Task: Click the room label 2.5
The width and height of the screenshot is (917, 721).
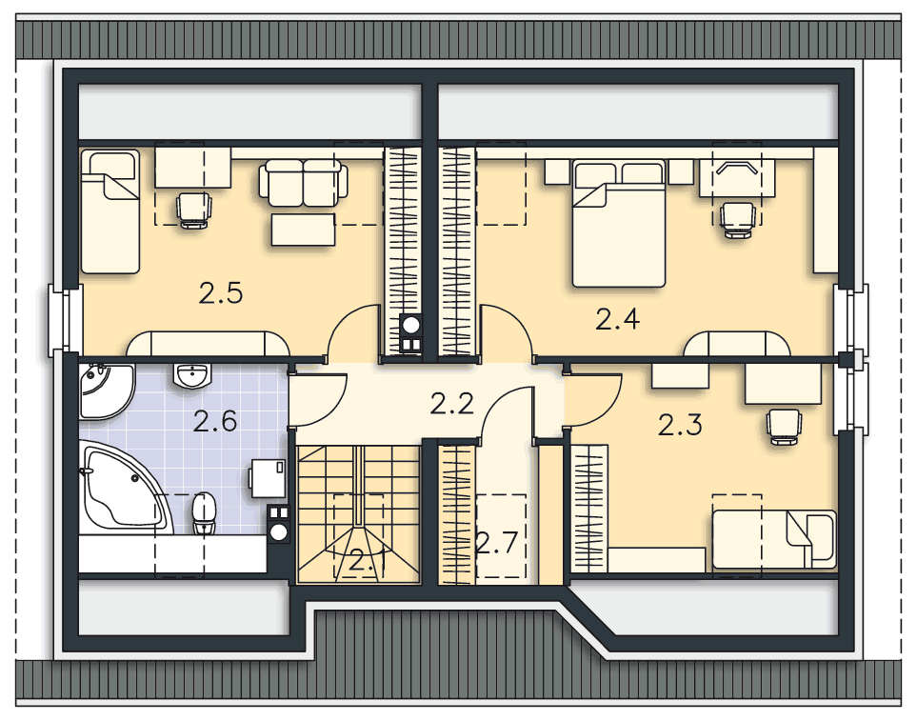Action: [x=221, y=293]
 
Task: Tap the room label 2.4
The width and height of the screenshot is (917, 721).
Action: [x=618, y=319]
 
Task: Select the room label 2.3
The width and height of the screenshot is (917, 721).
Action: [x=680, y=425]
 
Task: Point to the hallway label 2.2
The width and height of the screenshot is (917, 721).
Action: [x=451, y=404]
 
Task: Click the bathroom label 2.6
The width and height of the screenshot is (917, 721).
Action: [x=215, y=421]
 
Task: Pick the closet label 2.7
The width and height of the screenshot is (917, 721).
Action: [x=497, y=543]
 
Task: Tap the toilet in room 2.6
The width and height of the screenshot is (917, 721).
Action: [x=204, y=512]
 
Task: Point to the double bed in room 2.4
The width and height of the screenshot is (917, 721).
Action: [x=619, y=224]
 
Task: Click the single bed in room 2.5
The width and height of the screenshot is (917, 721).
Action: [x=110, y=211]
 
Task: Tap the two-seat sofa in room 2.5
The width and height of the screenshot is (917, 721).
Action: [x=304, y=183]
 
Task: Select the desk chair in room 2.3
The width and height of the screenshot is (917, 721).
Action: [x=783, y=427]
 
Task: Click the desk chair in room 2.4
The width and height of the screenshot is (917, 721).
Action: [x=738, y=219]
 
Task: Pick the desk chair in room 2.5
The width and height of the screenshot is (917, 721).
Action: [x=193, y=210]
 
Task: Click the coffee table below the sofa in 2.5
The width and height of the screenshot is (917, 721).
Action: [x=303, y=230]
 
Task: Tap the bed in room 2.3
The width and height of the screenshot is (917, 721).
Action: [x=774, y=539]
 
